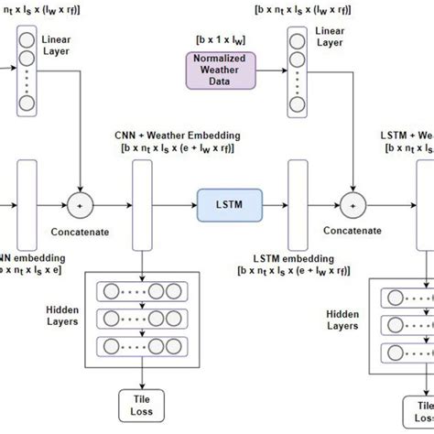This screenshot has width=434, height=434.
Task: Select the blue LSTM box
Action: tap(229, 200)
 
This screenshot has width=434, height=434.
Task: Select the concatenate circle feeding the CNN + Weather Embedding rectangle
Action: tap(82, 201)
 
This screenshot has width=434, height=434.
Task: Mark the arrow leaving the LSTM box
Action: tap(274, 200)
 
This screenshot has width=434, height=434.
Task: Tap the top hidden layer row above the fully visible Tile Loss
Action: tap(142, 291)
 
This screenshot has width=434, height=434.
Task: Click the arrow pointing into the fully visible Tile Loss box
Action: tap(143, 354)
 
